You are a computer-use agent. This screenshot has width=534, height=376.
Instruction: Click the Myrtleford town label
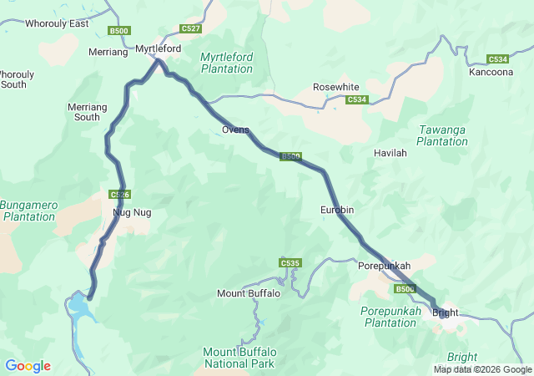(159, 49)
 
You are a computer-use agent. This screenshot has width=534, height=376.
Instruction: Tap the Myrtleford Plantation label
(227, 63)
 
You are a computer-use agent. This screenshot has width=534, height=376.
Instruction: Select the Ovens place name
(235, 130)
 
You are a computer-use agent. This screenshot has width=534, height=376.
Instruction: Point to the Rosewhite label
(336, 87)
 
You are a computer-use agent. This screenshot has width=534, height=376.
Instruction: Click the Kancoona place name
(492, 73)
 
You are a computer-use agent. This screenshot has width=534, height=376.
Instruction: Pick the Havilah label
(390, 153)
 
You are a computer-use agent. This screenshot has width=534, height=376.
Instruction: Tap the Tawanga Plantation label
(442, 135)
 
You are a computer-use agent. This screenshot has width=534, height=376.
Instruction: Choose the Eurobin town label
(338, 210)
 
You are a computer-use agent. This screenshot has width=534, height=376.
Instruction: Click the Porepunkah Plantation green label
(389, 317)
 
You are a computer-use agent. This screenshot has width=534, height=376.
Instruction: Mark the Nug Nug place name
(132, 212)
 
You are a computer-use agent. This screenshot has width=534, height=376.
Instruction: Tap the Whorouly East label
(57, 23)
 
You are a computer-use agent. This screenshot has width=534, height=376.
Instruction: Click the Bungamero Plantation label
(28, 210)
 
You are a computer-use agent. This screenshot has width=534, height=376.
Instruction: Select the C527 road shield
(190, 29)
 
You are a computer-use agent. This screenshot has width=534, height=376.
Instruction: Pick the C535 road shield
(290, 263)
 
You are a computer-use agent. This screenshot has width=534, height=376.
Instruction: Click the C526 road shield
(118, 194)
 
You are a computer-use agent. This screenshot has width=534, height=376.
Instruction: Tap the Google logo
(28, 366)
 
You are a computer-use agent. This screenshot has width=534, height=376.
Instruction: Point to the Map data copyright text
(482, 369)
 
